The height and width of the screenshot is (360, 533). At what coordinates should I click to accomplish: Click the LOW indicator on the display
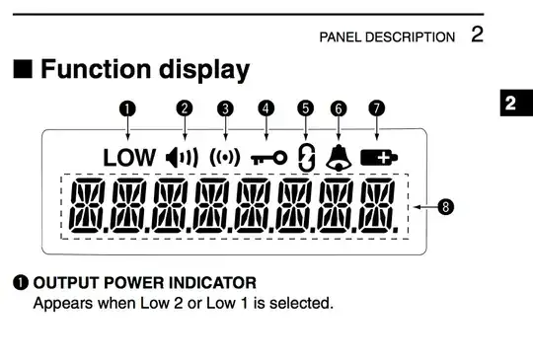(x=128, y=157)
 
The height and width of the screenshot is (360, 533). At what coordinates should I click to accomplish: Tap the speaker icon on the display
(x=182, y=157)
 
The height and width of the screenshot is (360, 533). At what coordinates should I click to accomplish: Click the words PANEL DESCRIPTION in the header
(x=386, y=37)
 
